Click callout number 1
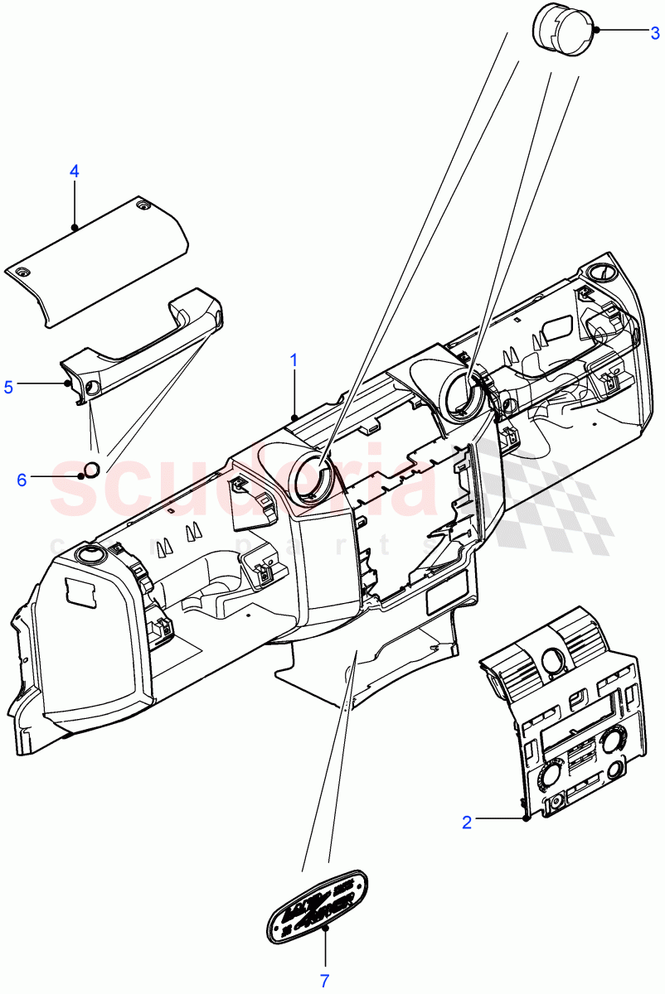[x=294, y=360]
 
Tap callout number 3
[x=654, y=33]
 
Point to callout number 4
[x=74, y=171]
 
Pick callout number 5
[x=9, y=386]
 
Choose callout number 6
[x=22, y=479]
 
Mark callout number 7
[x=325, y=981]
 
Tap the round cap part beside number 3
[x=561, y=30]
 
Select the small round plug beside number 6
[x=94, y=470]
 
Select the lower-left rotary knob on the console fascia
[x=547, y=776]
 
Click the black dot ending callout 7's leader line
[x=325, y=929]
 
